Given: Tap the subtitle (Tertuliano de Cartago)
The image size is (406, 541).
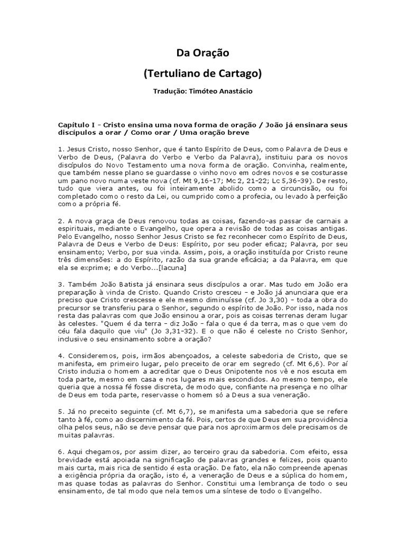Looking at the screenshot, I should [x=202, y=73].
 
